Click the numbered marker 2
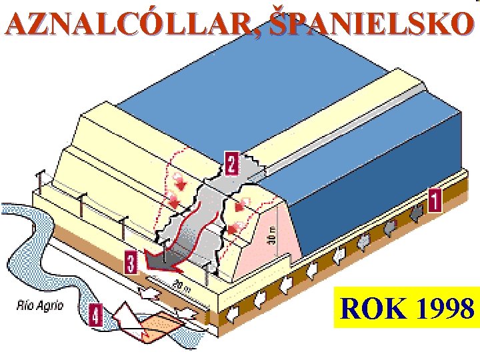point(231,163)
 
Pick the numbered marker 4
point(95,313)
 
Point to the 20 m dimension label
point(177,287)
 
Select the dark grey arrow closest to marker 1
point(415,213)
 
